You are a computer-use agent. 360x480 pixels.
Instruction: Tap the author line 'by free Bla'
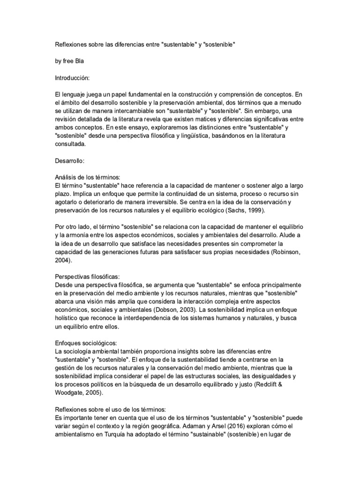(x=70, y=61)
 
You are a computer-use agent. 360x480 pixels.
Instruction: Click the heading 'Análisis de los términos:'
(x=88, y=177)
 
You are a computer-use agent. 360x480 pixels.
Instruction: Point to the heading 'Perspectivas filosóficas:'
(x=88, y=277)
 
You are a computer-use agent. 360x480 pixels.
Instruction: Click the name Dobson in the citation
(x=169, y=310)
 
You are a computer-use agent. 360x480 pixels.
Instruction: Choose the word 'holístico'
(x=68, y=318)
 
